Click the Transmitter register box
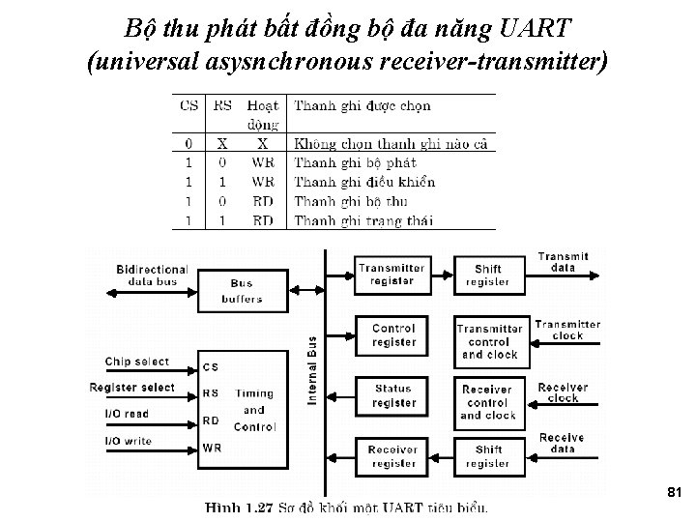(391, 275)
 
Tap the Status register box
(392, 395)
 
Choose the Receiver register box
(392, 456)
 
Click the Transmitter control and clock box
(489, 341)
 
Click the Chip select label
(137, 362)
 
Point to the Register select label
(132, 388)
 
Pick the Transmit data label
(564, 262)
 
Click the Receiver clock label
(563, 392)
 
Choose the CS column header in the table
(189, 105)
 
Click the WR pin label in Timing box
(213, 448)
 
